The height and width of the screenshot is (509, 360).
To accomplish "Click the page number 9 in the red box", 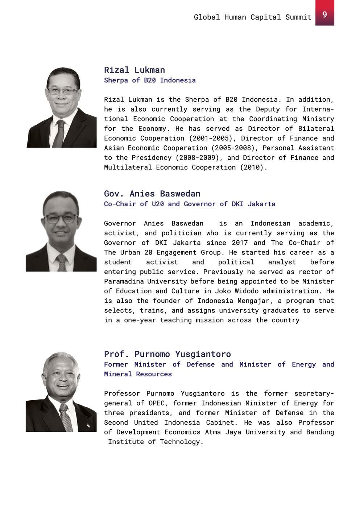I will coord(324,14).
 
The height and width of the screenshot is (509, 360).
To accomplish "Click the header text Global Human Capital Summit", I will coord(252,17).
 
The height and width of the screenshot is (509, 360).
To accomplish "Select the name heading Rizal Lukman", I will coord(135,70).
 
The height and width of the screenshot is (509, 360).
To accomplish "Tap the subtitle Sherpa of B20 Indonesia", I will coord(150,80).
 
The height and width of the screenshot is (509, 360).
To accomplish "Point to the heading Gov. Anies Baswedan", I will coord(152,194).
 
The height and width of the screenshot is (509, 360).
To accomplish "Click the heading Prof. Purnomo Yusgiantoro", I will coord(167,354).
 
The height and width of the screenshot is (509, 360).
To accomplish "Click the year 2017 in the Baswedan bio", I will coord(240,243).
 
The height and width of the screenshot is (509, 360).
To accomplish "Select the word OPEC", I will coord(156,403).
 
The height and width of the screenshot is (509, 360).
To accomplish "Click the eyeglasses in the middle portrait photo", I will coord(61,219).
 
